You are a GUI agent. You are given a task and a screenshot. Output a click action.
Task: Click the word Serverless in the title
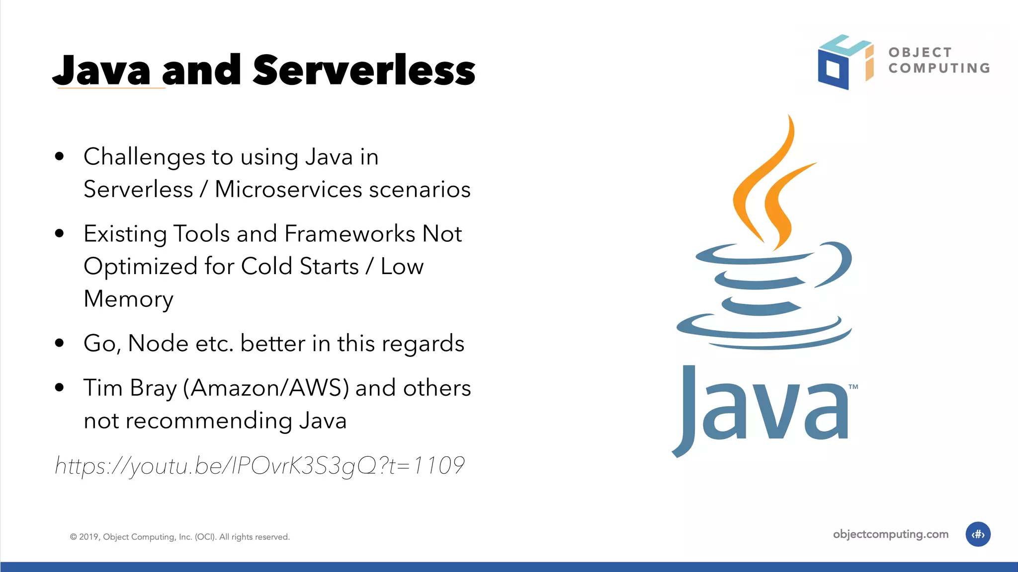point(364,71)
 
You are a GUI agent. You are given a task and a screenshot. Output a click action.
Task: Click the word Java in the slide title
point(102,71)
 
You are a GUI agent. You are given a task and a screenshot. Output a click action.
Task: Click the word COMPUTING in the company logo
point(939,68)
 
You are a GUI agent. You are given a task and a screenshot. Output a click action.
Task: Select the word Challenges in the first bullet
point(144,157)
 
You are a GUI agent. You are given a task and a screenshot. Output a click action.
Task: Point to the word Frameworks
point(349,234)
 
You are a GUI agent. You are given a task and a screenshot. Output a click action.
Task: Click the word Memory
point(128,299)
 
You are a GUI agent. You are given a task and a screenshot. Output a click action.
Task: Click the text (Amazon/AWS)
point(266,388)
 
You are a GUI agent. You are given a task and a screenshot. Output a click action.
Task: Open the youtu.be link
point(259,466)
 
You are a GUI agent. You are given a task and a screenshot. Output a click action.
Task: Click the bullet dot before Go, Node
point(60,343)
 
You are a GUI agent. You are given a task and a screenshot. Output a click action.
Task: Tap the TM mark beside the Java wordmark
point(853,387)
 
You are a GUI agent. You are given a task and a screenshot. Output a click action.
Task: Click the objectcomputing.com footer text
point(890,534)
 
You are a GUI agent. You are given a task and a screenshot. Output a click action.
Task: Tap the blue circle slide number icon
point(978,534)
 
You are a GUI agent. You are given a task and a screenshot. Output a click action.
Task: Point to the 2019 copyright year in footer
point(89,537)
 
